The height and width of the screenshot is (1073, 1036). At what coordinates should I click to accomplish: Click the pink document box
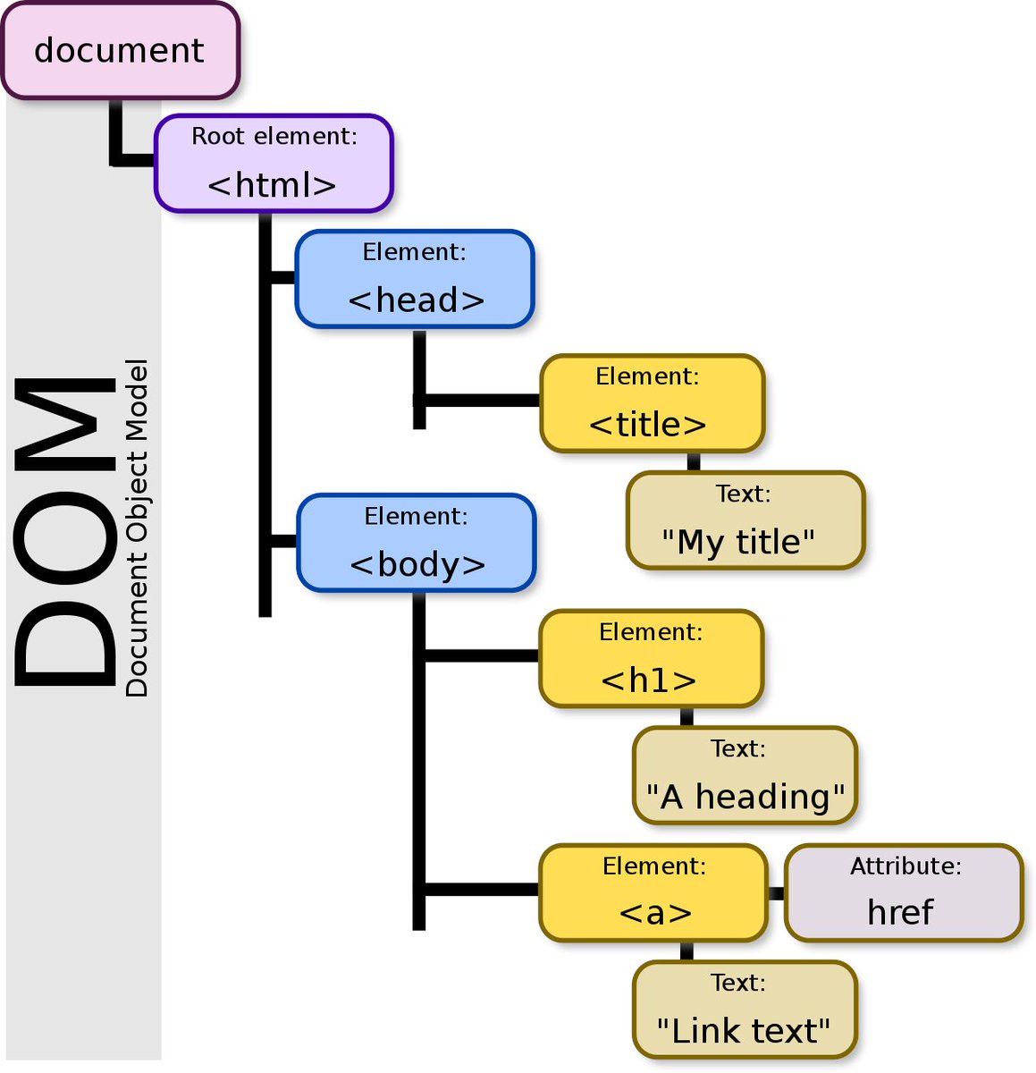click(120, 51)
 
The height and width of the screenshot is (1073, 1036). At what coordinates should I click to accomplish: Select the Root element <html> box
click(274, 163)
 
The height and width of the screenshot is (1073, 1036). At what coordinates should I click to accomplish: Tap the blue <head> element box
click(415, 278)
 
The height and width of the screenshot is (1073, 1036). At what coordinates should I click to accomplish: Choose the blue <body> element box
click(416, 543)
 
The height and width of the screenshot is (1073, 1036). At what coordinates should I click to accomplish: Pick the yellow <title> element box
click(652, 403)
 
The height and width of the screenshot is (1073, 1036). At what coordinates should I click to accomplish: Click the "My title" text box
click(745, 520)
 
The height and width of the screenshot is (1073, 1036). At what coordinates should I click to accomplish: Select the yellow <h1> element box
click(651, 658)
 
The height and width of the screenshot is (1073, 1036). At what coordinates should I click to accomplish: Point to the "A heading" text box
click(745, 774)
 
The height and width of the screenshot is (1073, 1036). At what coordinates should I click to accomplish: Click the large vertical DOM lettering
click(65, 532)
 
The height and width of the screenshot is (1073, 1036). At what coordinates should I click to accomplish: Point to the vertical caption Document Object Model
click(136, 528)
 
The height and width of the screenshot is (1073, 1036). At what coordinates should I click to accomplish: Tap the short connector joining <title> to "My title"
click(694, 462)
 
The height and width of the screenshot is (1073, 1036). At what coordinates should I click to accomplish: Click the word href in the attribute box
click(900, 912)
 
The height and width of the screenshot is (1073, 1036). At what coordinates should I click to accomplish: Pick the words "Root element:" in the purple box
click(274, 136)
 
